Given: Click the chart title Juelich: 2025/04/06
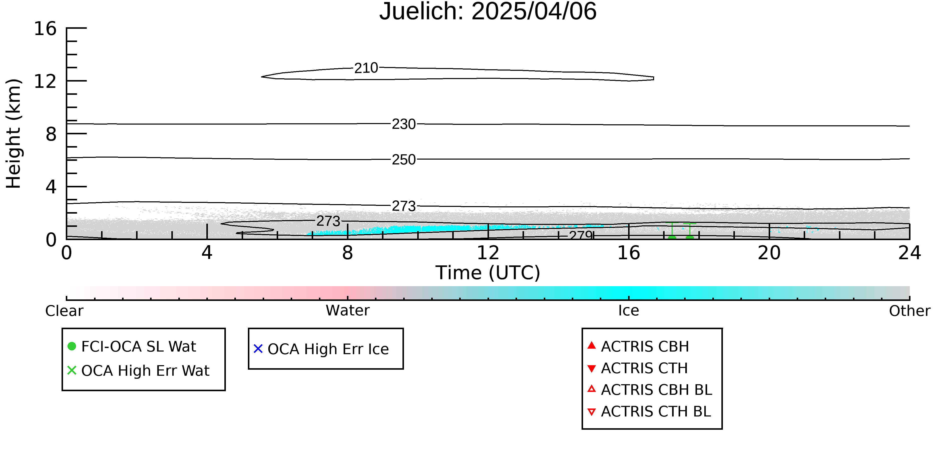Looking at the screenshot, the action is pos(488,12).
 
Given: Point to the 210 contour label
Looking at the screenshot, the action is pos(366,68).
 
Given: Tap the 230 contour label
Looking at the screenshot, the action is pos(404,124).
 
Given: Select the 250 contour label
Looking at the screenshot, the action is pos(404,160).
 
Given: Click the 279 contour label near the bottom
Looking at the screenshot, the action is pos(581,235).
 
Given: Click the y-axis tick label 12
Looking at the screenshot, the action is pos(45,81).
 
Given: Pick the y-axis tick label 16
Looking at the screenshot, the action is pos(45,29).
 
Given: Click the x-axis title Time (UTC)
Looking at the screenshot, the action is pos(488,273).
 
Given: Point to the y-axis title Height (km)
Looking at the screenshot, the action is pos(14,134).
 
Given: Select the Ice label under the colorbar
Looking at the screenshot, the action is pos(629,311).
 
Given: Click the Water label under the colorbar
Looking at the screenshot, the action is pos(348,311).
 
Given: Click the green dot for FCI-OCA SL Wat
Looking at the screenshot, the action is pos(72,346).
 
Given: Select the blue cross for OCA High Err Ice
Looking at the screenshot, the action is pos(258,349).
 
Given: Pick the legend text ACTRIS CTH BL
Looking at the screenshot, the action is pos(656,411).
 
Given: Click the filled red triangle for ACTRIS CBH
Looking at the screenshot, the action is pos(592,345).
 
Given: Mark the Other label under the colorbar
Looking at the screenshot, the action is pos(909,311).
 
